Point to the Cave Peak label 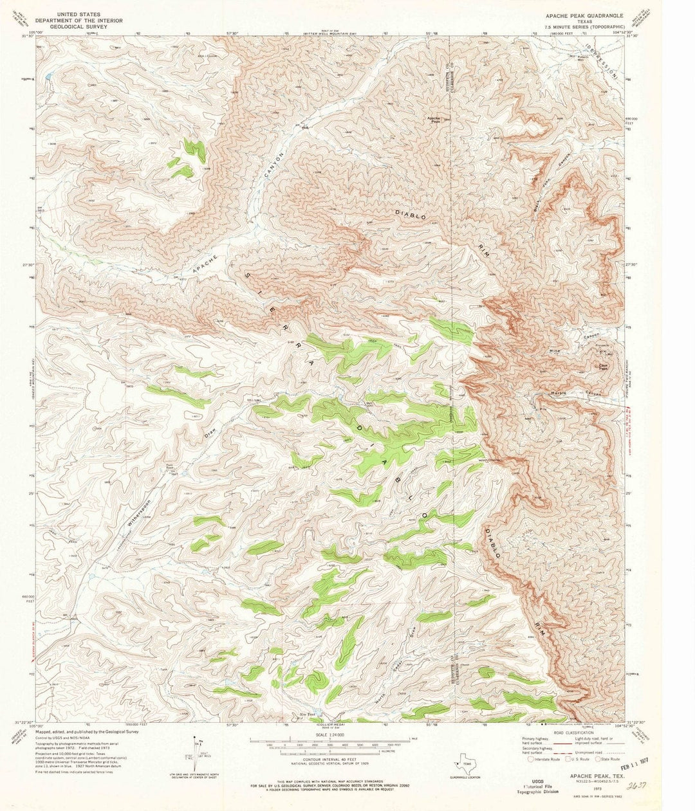(603, 367)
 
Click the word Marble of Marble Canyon (557, 393)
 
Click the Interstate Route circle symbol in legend (532, 759)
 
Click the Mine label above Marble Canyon (555, 351)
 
